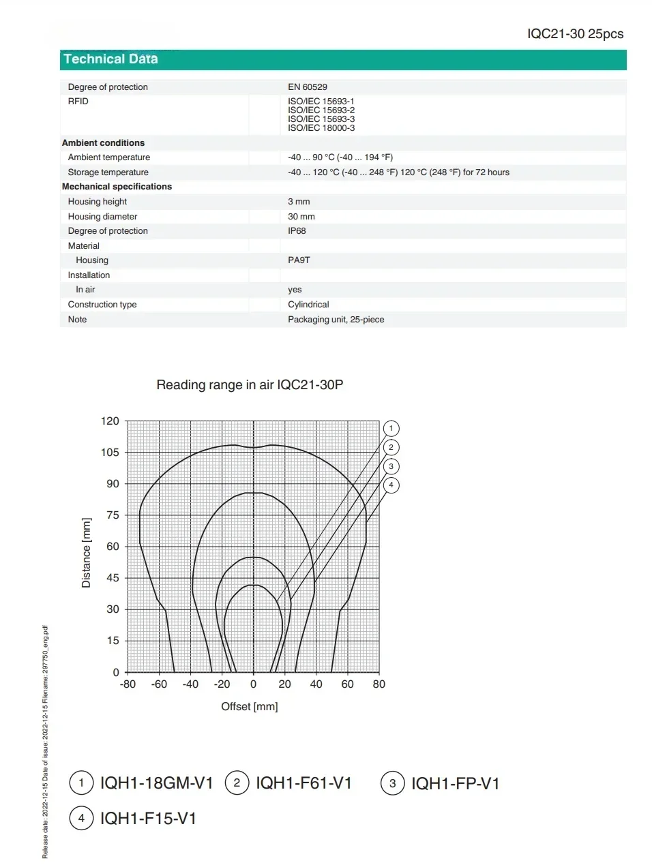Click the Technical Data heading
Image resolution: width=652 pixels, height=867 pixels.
(110, 59)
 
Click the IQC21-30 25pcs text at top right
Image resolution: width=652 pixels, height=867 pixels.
(575, 34)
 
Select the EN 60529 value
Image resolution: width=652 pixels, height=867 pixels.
(307, 87)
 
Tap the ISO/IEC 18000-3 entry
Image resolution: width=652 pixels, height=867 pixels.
(321, 128)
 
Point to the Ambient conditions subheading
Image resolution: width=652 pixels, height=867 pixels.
(103, 143)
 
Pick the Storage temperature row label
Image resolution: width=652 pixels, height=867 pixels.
(108, 172)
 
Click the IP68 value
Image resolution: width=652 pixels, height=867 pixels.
(297, 231)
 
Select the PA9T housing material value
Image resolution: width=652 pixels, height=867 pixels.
(299, 260)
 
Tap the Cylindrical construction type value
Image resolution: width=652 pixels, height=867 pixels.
(308, 305)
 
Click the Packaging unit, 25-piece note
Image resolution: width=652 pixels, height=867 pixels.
(336, 320)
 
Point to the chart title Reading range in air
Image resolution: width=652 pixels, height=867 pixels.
(250, 385)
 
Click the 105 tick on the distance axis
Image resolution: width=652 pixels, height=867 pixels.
(110, 453)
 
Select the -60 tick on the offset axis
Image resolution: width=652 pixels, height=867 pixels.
(159, 684)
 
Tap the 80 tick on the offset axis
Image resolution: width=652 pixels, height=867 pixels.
(379, 684)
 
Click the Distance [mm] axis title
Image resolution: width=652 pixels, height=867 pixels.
(86, 553)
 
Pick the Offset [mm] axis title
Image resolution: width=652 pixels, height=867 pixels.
(250, 707)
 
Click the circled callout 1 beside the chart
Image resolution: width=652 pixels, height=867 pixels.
(391, 429)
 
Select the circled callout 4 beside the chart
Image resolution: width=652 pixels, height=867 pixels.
(391, 485)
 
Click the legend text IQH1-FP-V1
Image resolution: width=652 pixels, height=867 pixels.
(455, 784)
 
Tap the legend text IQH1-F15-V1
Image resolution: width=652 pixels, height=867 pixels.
(148, 819)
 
